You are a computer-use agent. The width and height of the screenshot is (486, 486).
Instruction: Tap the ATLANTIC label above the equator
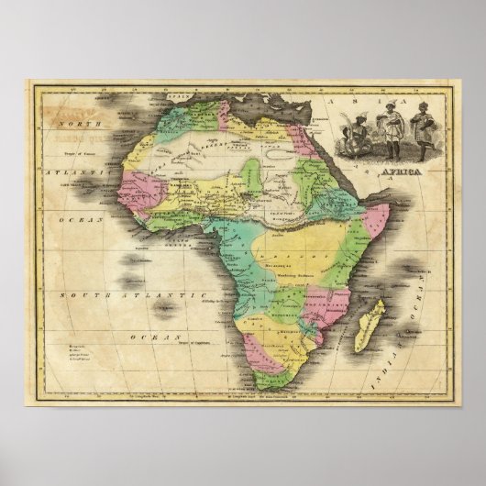click(x=67, y=171)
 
